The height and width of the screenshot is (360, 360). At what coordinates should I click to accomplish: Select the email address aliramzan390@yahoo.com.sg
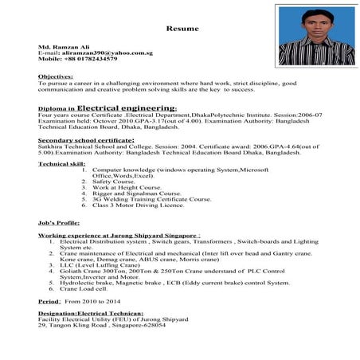[x=91, y=53]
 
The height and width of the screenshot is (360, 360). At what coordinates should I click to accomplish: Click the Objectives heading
[x=56, y=76]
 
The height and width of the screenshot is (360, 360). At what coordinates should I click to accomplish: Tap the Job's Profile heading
[x=58, y=224]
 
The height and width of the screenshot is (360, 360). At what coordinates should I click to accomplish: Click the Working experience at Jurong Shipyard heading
[x=119, y=237]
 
